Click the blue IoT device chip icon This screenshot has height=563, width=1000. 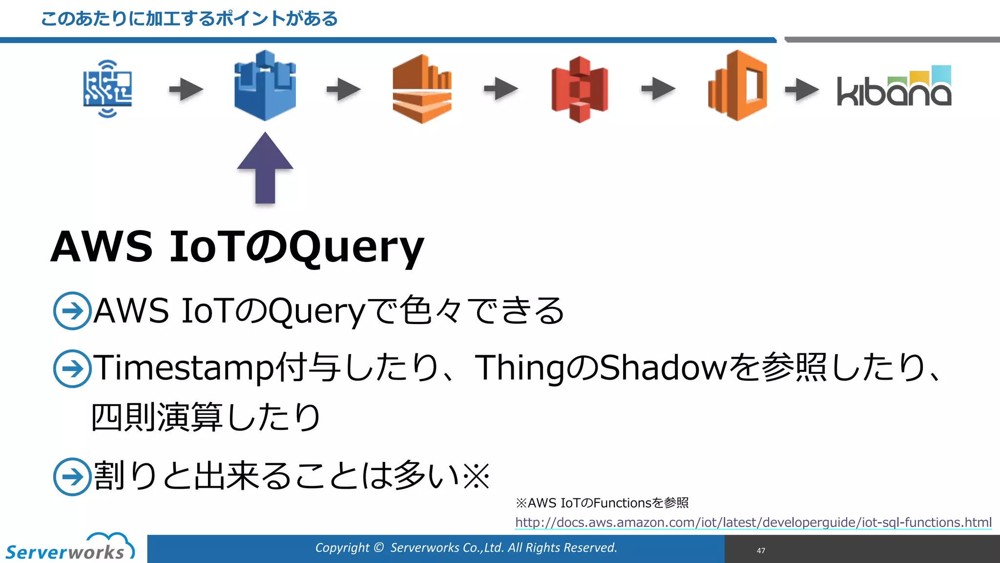107,89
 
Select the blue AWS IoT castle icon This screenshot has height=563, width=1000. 265,86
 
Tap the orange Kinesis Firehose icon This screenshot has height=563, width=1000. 422,89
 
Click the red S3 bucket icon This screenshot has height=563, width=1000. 580,89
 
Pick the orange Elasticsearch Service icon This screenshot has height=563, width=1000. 737,86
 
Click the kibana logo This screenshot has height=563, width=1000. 894,88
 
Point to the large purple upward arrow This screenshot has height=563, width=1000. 265,169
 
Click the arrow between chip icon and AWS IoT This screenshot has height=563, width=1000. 186,89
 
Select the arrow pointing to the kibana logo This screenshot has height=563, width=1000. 802,89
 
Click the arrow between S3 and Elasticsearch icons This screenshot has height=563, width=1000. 658,89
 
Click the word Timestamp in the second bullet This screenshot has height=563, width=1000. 183,368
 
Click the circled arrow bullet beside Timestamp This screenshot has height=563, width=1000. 72,368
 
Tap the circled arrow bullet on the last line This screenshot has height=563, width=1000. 72,476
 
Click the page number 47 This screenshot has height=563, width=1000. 761,551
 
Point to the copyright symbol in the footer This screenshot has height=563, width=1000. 378,548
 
